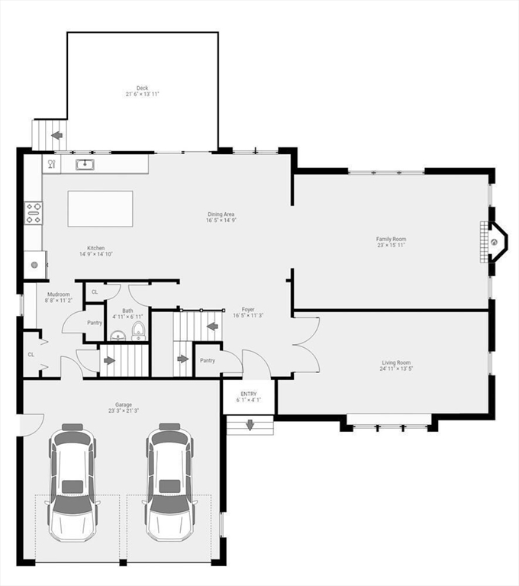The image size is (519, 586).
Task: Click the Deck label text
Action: tap(142, 88)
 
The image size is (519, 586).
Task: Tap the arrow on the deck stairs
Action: tap(56, 136)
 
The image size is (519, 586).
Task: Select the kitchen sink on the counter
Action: tap(84, 163)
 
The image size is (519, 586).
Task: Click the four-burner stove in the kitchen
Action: tap(33, 213)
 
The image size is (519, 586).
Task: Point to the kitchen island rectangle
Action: tap(100, 208)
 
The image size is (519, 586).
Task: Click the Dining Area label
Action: tap(220, 214)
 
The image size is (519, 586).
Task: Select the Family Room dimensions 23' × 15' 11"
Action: tap(390, 246)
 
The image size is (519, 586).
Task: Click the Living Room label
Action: tap(396, 362)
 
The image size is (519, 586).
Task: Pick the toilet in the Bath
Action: tap(138, 330)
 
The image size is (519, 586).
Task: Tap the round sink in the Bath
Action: tap(118, 336)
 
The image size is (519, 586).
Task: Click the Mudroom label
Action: tap(59, 295)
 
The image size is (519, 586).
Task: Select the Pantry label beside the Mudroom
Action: tap(94, 323)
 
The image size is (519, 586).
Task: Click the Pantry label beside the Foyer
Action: tap(207, 360)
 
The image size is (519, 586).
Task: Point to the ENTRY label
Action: tap(249, 393)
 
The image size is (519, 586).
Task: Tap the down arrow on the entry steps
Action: tap(248, 426)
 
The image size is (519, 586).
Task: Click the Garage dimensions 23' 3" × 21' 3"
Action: tap(124, 411)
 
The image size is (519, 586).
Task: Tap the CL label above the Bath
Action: tap(95, 292)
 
